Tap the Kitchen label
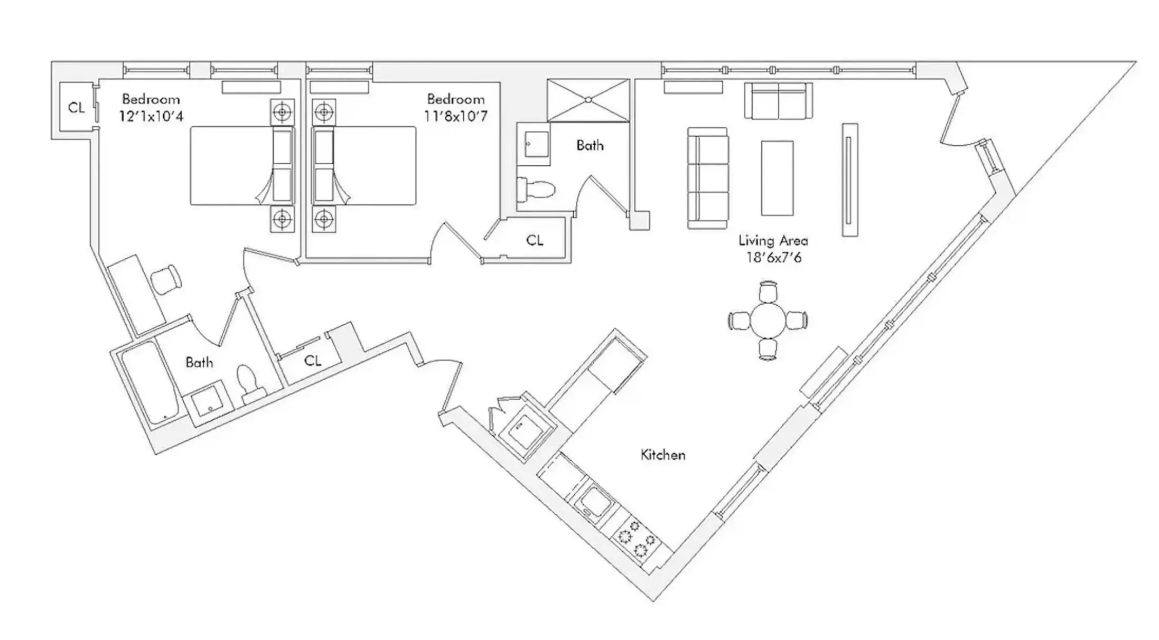(x=662, y=455)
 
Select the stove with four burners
(x=638, y=539)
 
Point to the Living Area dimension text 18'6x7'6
(x=773, y=258)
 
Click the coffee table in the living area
(x=777, y=178)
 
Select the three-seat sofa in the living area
(x=708, y=178)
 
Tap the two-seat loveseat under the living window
(x=779, y=101)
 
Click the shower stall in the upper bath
(x=588, y=100)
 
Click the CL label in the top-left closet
(x=76, y=108)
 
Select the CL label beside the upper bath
(x=535, y=240)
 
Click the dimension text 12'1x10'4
(x=151, y=116)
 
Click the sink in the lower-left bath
(x=210, y=406)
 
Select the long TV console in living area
(x=849, y=180)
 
